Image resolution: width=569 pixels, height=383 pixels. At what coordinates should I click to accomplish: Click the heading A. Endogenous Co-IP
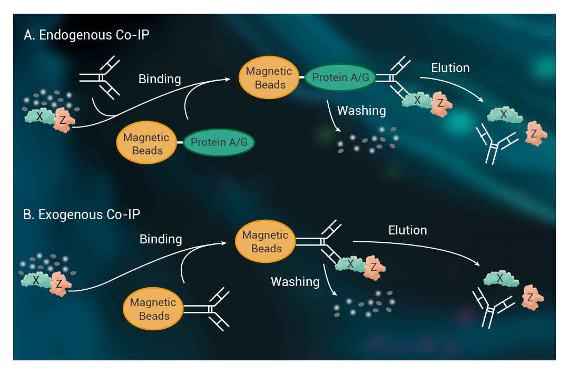click(86, 35)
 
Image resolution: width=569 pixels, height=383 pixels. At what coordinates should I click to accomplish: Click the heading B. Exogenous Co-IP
click(82, 214)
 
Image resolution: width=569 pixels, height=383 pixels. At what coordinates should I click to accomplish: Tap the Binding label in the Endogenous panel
click(160, 79)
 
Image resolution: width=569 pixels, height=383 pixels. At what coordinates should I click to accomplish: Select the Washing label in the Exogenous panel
click(295, 282)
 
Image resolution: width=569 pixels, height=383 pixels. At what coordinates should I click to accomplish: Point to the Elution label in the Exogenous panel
click(407, 230)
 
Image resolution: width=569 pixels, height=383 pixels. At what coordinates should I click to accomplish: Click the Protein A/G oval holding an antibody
click(340, 77)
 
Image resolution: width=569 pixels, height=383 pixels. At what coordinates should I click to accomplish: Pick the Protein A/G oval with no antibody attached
click(219, 142)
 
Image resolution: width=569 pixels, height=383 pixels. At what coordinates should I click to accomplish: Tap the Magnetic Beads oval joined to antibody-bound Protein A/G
click(269, 77)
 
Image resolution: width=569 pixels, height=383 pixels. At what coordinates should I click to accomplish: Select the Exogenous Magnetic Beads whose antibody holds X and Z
click(265, 241)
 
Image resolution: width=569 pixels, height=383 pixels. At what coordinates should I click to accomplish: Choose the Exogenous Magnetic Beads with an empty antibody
click(153, 309)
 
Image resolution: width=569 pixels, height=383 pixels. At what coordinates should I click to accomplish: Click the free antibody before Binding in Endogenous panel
click(100, 77)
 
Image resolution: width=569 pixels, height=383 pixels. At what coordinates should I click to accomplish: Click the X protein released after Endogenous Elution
click(504, 115)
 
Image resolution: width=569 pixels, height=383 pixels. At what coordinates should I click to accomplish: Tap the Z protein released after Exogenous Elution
click(532, 297)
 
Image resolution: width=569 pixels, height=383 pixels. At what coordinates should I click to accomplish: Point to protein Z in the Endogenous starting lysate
click(64, 120)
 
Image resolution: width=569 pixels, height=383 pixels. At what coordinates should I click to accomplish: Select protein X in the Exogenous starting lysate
click(36, 280)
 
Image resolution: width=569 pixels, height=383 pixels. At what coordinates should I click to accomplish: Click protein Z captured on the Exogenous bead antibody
click(374, 268)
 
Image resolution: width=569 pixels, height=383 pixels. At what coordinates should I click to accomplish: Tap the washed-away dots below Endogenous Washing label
click(368, 140)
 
